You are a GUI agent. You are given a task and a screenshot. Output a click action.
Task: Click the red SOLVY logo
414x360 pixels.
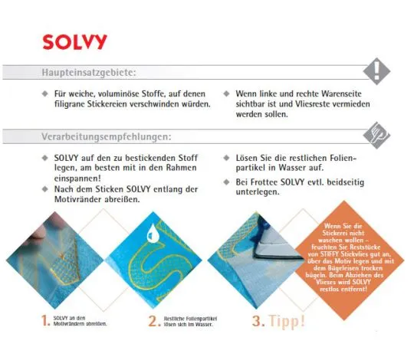click(x=74, y=41)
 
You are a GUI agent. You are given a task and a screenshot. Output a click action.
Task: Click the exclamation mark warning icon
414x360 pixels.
click(x=376, y=71)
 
